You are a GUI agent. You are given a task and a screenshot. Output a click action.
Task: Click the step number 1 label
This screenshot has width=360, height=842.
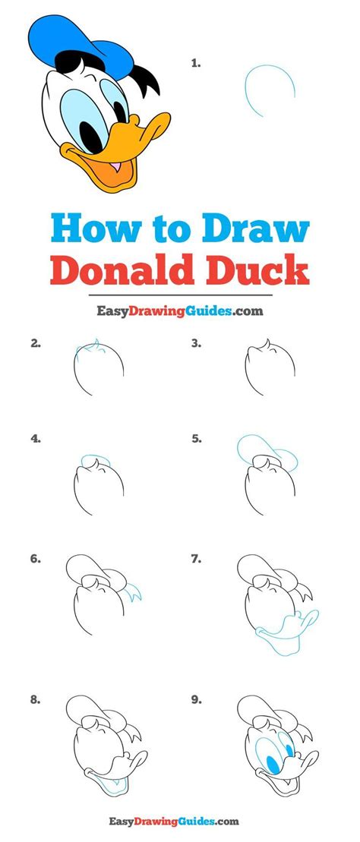(x=196, y=65)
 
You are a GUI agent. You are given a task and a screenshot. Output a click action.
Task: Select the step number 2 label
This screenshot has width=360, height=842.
(x=35, y=343)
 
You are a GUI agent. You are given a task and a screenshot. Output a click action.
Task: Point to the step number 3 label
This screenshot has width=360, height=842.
(x=196, y=343)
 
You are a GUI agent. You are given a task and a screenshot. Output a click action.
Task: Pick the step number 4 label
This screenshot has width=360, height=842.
(x=35, y=438)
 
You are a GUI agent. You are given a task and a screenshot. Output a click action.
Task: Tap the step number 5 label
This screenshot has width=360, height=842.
(x=196, y=438)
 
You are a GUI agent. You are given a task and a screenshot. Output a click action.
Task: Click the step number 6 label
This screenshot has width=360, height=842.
(x=35, y=560)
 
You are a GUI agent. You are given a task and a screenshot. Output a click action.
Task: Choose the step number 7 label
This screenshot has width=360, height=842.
(x=196, y=560)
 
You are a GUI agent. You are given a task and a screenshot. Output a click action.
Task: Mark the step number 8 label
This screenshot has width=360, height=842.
(x=35, y=701)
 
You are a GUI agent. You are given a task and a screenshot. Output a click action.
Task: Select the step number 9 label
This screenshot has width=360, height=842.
(x=196, y=701)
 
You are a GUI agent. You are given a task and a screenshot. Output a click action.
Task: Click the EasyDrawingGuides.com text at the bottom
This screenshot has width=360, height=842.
(x=179, y=821)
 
